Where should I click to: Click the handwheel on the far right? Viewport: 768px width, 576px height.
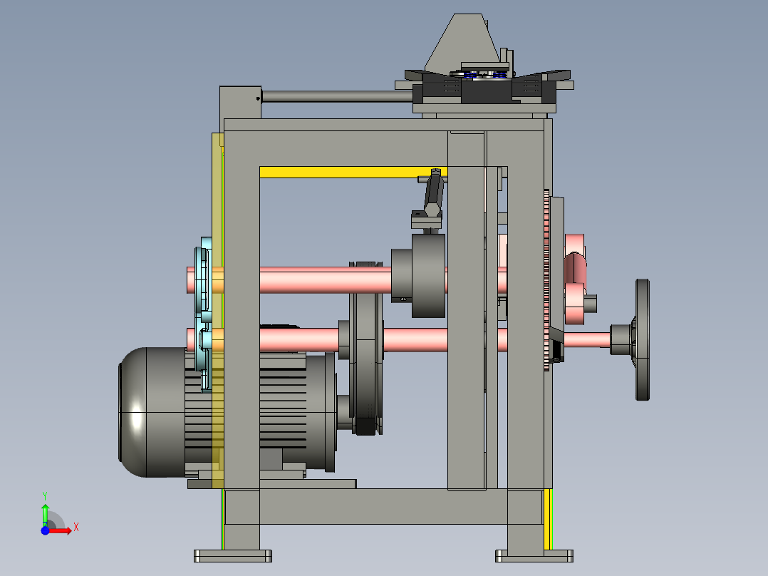[642, 340]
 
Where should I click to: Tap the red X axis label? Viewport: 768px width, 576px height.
[76, 528]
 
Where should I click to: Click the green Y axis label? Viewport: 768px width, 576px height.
[45, 496]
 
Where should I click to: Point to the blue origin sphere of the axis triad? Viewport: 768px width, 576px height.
[45, 530]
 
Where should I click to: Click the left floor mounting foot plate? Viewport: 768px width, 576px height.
[233, 556]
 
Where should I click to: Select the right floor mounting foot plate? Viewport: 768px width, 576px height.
[534, 556]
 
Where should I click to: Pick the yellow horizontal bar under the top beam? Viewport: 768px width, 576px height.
[353, 172]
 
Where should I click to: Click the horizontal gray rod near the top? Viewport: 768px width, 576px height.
[337, 96]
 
